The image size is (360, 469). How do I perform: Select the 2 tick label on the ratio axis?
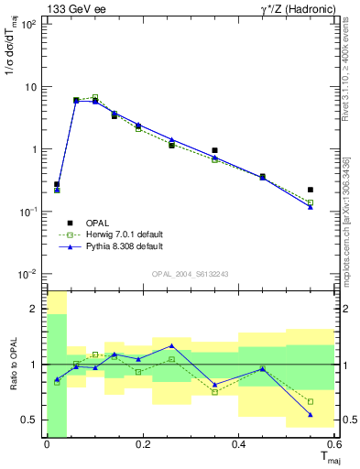coord(36,309)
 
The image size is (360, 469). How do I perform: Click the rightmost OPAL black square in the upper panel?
coord(311,190)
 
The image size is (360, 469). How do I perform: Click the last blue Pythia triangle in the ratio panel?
coord(311,415)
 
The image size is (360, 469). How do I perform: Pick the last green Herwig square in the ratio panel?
coord(311,401)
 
